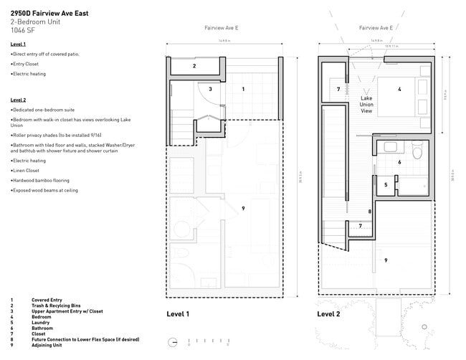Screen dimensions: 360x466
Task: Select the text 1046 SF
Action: click(x=22, y=31)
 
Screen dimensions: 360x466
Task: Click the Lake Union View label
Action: click(x=366, y=104)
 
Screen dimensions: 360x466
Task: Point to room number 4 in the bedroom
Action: click(x=399, y=89)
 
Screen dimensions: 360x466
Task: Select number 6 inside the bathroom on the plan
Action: click(x=399, y=162)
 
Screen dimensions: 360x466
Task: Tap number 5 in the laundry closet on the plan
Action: click(x=386, y=184)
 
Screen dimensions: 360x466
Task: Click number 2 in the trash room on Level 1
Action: click(x=194, y=66)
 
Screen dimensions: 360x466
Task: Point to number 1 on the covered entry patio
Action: click(x=243, y=89)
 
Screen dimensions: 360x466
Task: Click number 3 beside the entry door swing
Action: click(x=210, y=89)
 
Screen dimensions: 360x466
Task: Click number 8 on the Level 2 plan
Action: click(x=369, y=212)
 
